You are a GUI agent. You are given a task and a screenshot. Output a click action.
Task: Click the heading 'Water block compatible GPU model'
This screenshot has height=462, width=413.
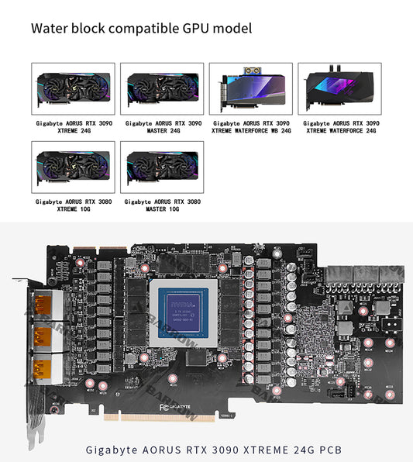pos(141,29)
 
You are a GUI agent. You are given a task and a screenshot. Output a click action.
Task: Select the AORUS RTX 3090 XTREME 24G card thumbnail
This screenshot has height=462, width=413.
pos(73,88)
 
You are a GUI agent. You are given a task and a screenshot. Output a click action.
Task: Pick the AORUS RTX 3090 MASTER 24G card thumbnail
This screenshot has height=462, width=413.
pos(163,88)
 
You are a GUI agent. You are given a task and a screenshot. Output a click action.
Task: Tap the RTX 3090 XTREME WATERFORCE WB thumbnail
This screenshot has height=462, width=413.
pos(252,88)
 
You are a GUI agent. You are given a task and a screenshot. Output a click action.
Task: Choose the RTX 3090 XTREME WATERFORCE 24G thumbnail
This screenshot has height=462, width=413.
pos(341,88)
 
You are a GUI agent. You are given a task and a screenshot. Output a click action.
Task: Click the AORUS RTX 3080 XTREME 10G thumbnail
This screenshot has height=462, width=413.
pos(73,167)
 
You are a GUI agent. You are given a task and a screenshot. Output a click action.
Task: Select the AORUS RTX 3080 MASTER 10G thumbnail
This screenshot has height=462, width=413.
pos(163,167)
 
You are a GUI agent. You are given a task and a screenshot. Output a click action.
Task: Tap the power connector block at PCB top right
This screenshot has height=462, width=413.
pos(364,275)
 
